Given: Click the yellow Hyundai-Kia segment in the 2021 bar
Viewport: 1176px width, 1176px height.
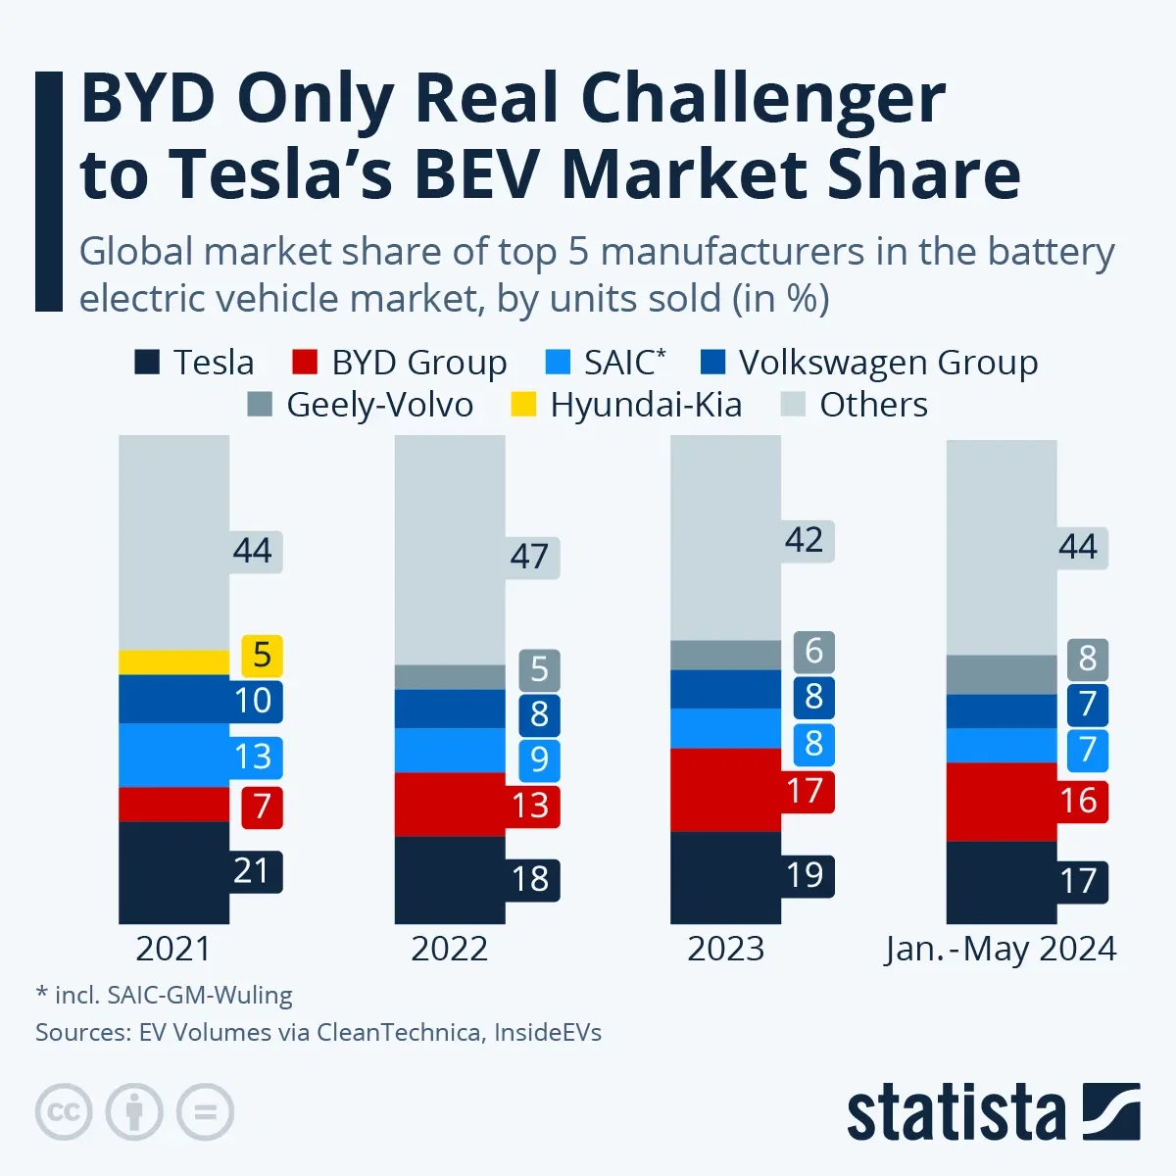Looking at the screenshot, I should (173, 662).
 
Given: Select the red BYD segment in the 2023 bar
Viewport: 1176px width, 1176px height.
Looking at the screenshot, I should (725, 790).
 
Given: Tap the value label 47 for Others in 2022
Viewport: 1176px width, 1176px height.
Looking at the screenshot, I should (529, 557).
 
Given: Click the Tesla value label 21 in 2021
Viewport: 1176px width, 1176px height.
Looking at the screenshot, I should (252, 871).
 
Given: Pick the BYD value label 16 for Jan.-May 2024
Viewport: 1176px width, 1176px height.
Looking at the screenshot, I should (1078, 802).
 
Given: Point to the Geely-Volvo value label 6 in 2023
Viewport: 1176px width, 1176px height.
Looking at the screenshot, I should (813, 652).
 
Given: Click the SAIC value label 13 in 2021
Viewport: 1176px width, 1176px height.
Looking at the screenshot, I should (252, 757).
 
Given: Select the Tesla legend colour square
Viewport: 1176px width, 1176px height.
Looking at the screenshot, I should (146, 363).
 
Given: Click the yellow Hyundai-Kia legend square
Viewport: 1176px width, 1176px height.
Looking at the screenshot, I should (524, 405).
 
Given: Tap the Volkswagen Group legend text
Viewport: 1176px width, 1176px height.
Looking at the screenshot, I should (888, 363).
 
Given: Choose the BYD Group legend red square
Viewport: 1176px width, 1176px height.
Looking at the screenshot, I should (305, 363).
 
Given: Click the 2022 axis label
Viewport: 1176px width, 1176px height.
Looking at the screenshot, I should (449, 949).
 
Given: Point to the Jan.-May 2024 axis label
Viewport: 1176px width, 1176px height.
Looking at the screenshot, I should (1001, 949).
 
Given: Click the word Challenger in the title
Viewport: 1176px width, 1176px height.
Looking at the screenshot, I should (762, 100).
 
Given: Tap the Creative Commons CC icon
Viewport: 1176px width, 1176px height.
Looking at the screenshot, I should (64, 1112).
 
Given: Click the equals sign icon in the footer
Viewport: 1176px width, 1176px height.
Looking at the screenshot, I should (205, 1112).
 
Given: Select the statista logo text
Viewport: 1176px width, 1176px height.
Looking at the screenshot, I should (955, 1113).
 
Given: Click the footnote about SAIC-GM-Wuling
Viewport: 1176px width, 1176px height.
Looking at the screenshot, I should (165, 995).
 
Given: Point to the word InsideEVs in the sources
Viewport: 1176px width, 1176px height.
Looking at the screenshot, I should (548, 1032).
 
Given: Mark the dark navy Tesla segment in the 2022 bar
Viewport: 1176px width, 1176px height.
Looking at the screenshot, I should (450, 879).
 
